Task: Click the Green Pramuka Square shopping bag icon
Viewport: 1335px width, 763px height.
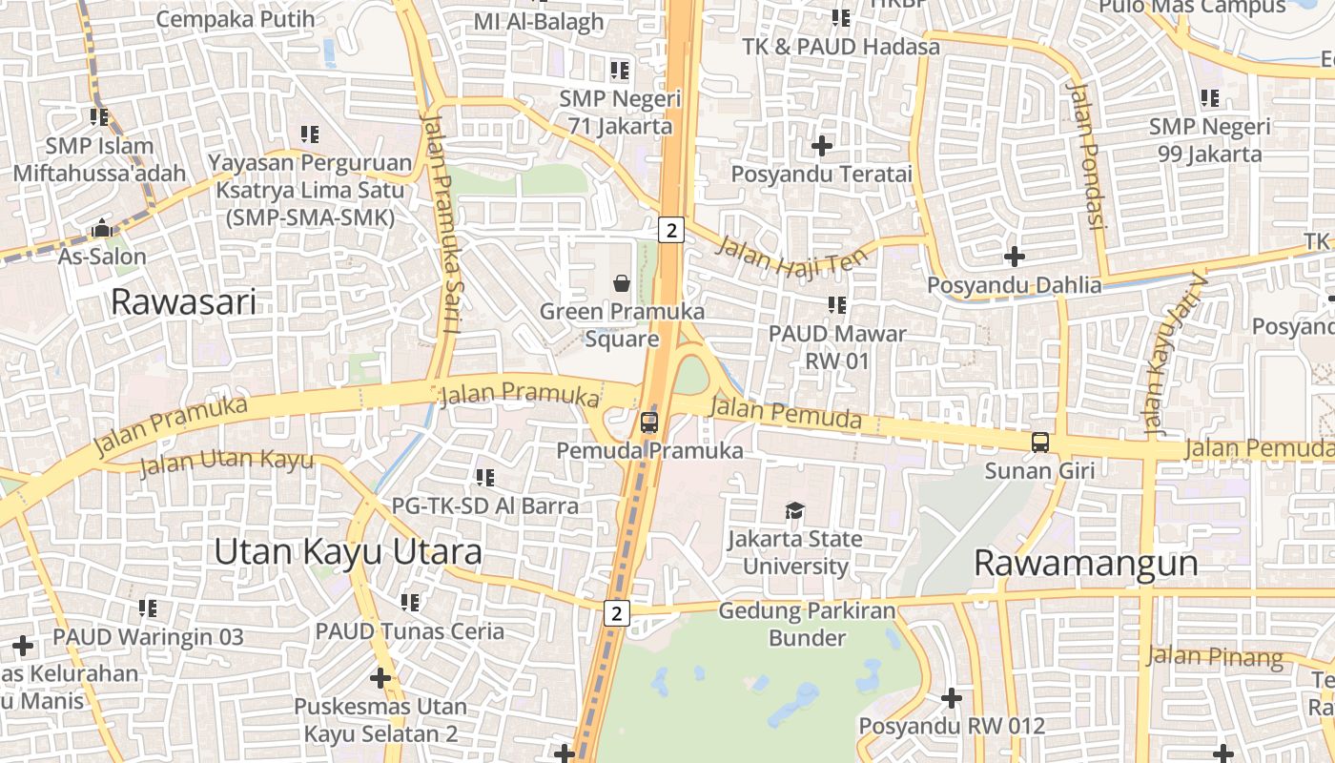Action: click(x=622, y=282)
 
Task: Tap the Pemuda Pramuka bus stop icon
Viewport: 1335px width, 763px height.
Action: click(x=649, y=422)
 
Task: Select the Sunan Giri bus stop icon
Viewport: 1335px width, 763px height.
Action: click(x=1040, y=443)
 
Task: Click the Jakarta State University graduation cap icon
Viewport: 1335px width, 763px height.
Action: click(x=795, y=510)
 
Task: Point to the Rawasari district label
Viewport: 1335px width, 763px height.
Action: click(x=184, y=302)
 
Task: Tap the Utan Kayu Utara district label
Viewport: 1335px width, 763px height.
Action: click(x=348, y=551)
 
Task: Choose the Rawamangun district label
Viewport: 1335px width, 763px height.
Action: click(x=1085, y=563)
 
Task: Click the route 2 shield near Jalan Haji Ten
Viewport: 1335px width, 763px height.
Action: click(x=671, y=230)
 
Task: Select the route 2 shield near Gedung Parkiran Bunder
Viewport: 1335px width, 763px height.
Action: click(x=617, y=613)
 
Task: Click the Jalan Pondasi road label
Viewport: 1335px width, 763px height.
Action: click(x=1087, y=155)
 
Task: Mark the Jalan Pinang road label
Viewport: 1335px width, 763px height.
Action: click(x=1215, y=656)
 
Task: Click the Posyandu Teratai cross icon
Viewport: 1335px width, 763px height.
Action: click(x=821, y=146)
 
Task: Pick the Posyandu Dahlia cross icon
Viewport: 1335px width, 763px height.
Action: click(x=1015, y=257)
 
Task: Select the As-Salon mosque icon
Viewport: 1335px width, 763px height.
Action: click(x=102, y=229)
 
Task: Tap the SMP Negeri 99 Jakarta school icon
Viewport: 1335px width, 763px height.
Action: click(x=1210, y=97)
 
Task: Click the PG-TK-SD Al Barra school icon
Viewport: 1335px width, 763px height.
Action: click(x=485, y=477)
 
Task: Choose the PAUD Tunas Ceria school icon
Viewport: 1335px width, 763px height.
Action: click(x=410, y=603)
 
